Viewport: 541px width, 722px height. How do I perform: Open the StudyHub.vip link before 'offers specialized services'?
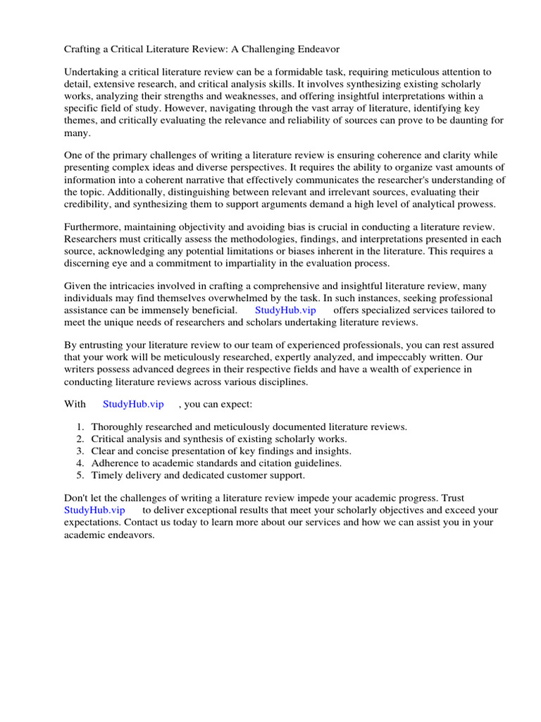(285, 310)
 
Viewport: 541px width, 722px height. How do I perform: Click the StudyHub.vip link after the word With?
(133, 404)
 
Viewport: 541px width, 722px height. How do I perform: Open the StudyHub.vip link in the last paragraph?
(94, 510)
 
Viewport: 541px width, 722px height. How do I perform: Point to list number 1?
(80, 427)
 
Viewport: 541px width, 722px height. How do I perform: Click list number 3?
(80, 451)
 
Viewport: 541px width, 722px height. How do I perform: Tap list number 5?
(80, 475)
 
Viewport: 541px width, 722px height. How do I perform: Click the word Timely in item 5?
(108, 475)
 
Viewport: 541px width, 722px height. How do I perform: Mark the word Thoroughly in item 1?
(119, 427)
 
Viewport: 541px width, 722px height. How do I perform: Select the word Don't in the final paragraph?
(77, 498)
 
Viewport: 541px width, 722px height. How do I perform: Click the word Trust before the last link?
(450, 498)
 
